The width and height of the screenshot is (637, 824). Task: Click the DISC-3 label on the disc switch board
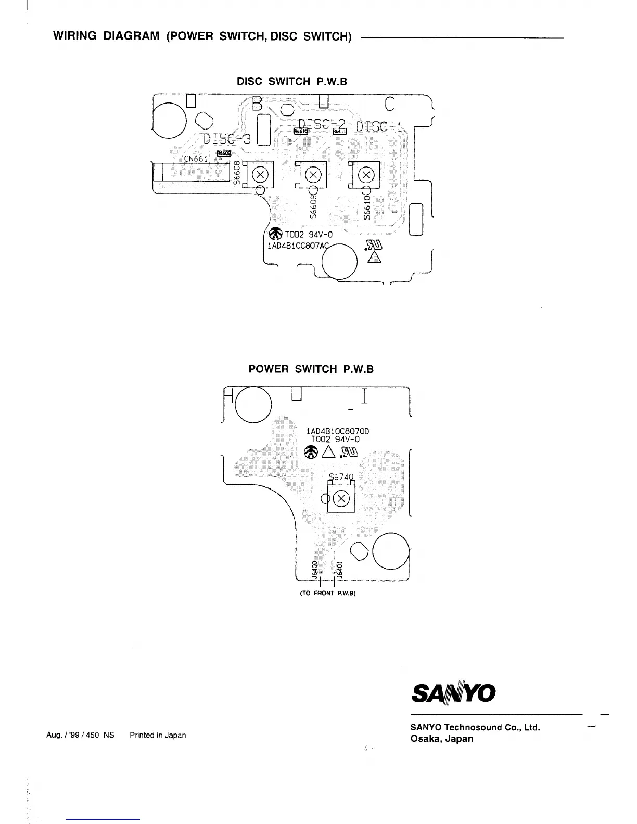(227, 139)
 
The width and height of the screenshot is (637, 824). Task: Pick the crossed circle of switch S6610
(366, 174)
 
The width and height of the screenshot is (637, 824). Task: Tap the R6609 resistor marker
(223, 153)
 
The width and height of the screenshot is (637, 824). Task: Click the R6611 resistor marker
(339, 132)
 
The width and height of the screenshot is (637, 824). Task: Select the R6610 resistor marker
(301, 132)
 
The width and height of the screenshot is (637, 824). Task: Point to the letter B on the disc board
(257, 104)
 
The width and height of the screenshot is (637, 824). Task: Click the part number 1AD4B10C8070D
(338, 431)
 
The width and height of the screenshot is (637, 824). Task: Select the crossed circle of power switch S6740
(341, 499)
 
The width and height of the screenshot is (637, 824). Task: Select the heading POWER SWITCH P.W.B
(311, 369)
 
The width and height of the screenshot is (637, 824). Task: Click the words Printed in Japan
(158, 735)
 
